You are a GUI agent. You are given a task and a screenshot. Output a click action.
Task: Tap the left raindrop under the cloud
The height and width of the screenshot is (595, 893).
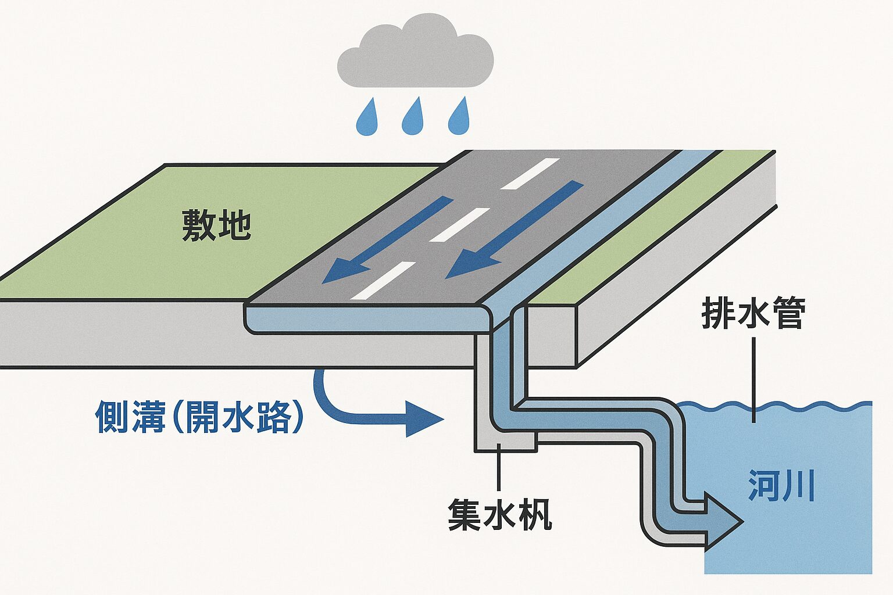[366, 119]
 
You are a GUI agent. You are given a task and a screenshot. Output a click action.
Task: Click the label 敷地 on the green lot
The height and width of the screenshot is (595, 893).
[216, 225]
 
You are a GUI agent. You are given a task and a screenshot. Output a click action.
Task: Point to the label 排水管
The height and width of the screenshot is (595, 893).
[753, 314]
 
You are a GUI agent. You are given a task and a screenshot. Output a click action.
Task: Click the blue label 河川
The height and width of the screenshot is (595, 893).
[781, 486]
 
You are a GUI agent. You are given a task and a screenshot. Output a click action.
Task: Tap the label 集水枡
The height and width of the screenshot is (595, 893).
[499, 514]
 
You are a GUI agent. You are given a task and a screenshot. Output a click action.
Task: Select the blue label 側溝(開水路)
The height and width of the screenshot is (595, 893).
[199, 417]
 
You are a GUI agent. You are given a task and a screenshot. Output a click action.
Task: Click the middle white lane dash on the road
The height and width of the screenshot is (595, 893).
[459, 224]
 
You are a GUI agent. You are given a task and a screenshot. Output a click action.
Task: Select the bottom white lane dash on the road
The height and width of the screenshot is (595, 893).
[384, 280]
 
